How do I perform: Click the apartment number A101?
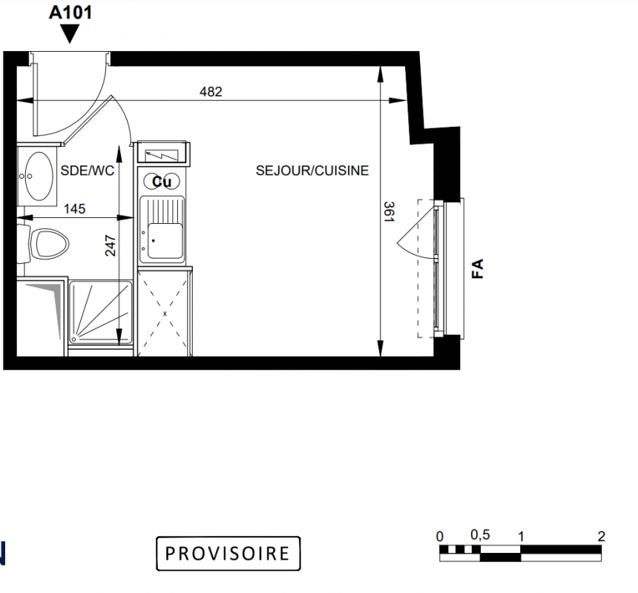[x=70, y=12]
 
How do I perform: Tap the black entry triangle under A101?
[x=70, y=33]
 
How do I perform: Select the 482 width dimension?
[x=211, y=92]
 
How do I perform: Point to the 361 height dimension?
[x=389, y=212]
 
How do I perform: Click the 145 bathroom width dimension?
[x=74, y=209]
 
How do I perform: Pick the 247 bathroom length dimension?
[x=111, y=245]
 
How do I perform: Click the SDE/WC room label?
[x=88, y=170]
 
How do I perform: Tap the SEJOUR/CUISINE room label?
[x=312, y=170]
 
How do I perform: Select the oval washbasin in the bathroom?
[x=39, y=176]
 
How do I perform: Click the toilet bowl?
[x=50, y=243]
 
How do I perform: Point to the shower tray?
[x=100, y=313]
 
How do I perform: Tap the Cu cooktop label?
[x=162, y=182]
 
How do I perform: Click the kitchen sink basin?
[x=165, y=241]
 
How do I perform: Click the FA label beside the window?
[x=477, y=268]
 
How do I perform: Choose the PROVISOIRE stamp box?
[x=228, y=553]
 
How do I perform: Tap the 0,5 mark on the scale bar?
[x=480, y=535]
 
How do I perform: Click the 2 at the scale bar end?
[x=602, y=537]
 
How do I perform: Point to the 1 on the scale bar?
[x=520, y=537]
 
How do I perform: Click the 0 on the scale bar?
[x=439, y=537]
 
